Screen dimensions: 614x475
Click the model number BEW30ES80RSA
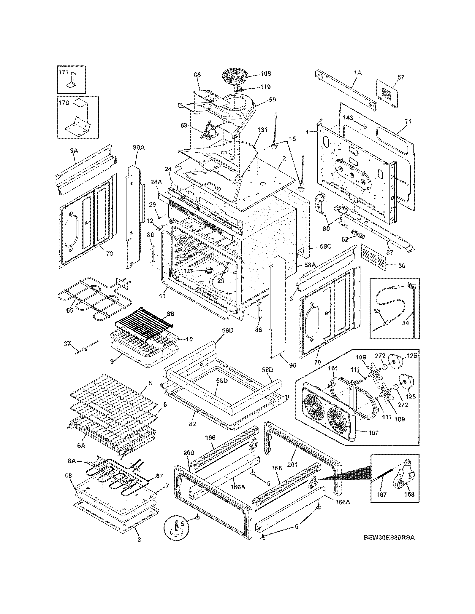pos(389,538)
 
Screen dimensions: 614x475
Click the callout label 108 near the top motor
pos(265,74)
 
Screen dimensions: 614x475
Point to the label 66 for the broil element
pos(69,310)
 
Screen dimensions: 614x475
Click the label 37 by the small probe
pos(67,344)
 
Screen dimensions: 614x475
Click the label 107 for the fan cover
pos(373,433)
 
